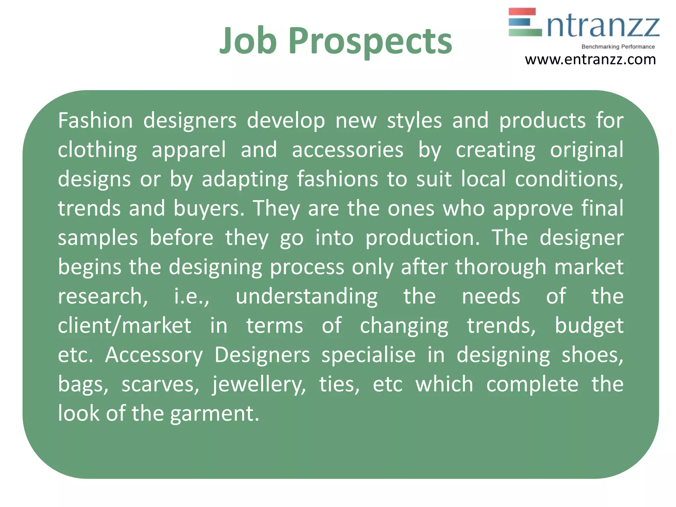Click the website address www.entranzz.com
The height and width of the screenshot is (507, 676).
pos(590,60)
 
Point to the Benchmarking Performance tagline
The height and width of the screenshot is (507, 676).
pos(618,47)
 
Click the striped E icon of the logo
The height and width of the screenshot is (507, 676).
pos(525,22)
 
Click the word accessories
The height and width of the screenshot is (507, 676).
pos(348,150)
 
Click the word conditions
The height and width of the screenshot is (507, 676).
pos(569,179)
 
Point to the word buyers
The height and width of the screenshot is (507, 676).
pos(209,209)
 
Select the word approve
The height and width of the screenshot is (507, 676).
pos(533,209)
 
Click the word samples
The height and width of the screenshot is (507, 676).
pos(98,238)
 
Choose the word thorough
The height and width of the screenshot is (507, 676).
pos(501,267)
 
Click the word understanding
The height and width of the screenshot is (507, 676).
pos(307,296)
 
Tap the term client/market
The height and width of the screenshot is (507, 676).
pos(124,326)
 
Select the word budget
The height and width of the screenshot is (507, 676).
pos(589,326)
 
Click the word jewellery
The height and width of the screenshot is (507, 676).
pos(259,385)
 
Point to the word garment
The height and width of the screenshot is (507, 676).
pos(215,414)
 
